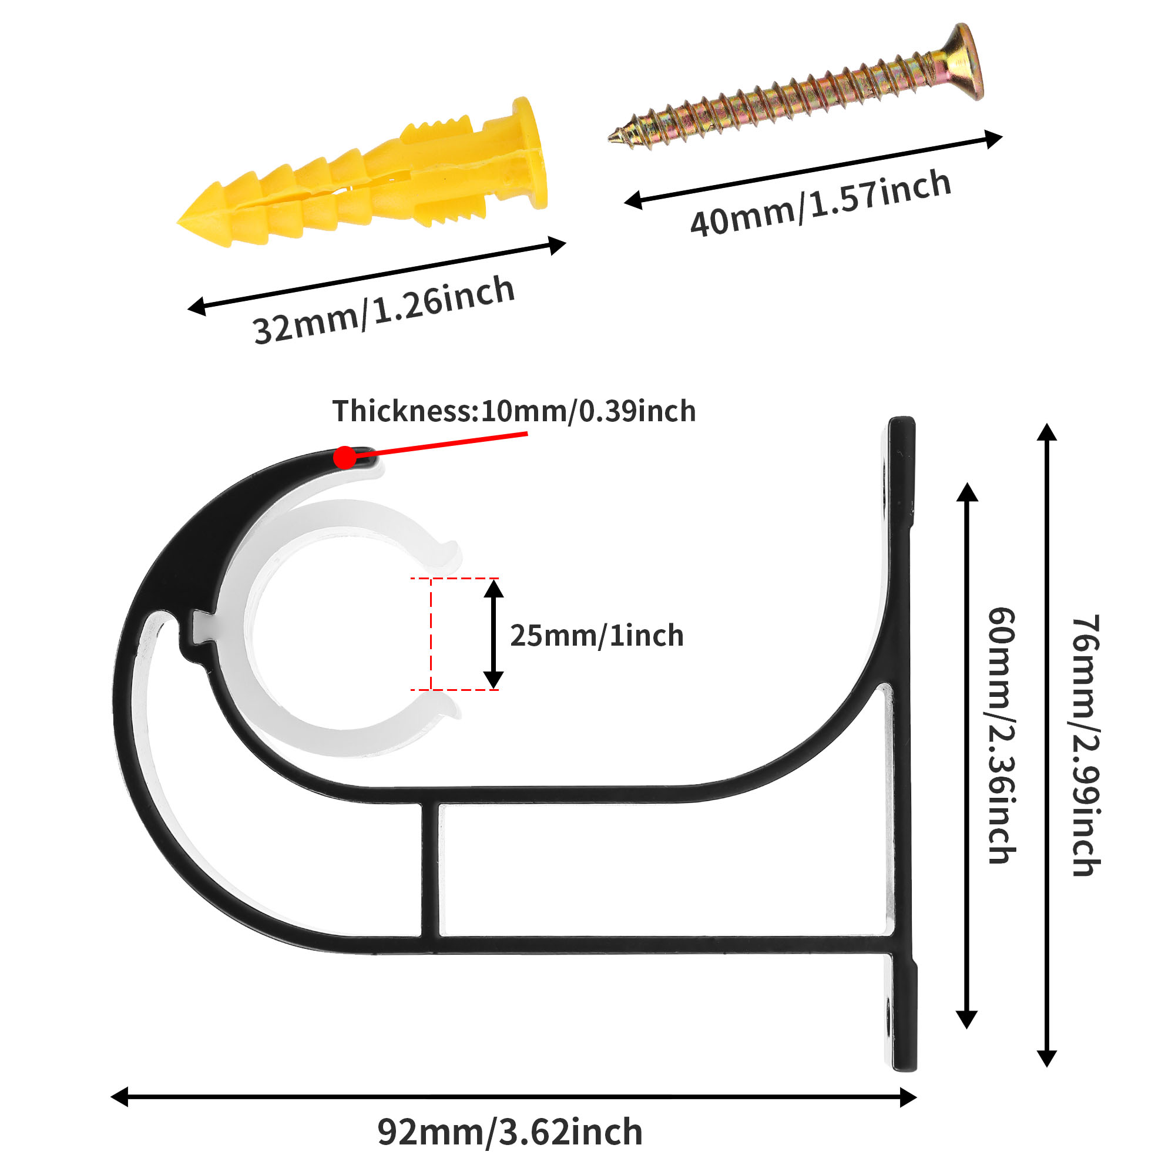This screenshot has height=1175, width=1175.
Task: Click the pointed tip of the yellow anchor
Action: coord(183,221)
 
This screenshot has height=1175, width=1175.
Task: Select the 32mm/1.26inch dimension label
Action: coord(384,310)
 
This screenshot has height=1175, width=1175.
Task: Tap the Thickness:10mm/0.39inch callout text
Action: coord(514,411)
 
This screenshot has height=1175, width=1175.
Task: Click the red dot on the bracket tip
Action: coord(345,457)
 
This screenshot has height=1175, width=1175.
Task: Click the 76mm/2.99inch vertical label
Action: coord(1086,745)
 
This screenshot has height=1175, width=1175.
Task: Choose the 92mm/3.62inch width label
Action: coord(509,1133)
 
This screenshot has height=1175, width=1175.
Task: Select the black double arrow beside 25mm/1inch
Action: coord(494,634)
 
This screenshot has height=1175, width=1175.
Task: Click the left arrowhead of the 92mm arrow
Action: coord(119,1096)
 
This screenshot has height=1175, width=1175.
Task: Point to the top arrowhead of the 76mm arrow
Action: coord(1047,432)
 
